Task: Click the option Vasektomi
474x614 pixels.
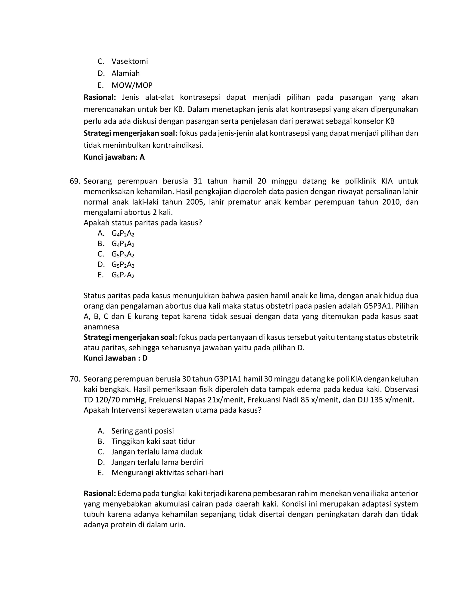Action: point(129,61)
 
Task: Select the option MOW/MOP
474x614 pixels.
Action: point(132,85)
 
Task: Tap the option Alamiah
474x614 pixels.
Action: point(125,73)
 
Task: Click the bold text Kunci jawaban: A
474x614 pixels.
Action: point(114,157)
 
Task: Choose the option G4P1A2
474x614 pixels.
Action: point(123,244)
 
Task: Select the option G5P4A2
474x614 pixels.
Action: point(123,275)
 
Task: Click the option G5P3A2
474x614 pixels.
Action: point(123,254)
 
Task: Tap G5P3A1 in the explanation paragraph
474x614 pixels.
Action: point(377,306)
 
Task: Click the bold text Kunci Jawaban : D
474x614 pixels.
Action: point(115,358)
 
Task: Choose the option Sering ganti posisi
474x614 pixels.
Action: point(142,431)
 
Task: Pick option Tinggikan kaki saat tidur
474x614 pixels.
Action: point(153,441)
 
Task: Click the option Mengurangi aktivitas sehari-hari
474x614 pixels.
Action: point(167,473)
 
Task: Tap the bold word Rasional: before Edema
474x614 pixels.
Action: point(100,493)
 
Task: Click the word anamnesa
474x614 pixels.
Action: point(101,327)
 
